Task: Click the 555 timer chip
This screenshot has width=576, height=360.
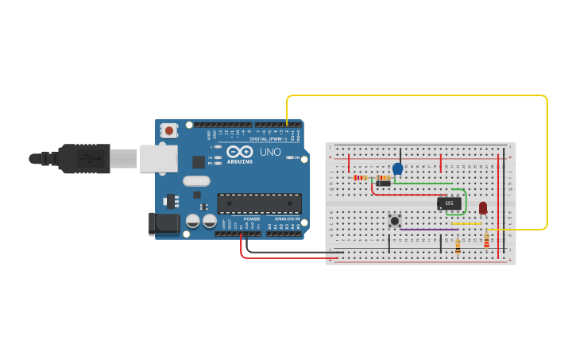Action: click(449, 203)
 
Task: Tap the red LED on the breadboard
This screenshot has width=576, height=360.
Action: click(483, 208)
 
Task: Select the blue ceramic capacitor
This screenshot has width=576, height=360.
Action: click(398, 168)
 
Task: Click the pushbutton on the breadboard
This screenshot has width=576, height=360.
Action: click(394, 220)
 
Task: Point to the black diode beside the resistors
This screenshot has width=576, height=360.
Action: click(384, 184)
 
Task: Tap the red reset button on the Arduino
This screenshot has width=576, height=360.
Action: click(168, 130)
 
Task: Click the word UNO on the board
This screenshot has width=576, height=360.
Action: click(270, 152)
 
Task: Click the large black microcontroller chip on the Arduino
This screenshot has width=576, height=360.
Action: click(259, 203)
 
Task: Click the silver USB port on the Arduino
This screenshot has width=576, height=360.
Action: click(158, 159)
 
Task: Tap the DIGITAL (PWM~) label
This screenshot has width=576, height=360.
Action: click(269, 138)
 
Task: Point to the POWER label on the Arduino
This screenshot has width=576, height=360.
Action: click(252, 219)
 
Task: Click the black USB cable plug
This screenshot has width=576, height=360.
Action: click(83, 158)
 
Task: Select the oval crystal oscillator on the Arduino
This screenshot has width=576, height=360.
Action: click(196, 181)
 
